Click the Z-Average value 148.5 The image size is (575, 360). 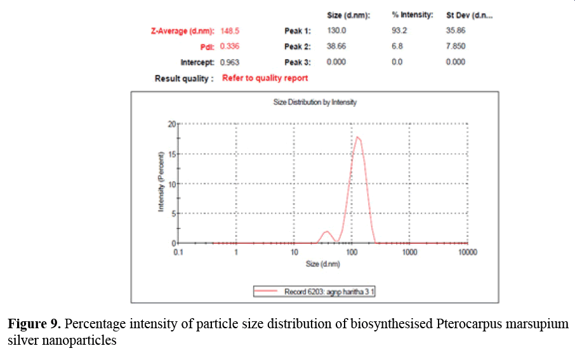tap(230, 30)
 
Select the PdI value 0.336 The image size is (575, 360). tap(229, 46)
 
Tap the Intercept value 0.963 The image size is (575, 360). tap(229, 62)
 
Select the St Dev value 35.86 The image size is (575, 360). tap(456, 30)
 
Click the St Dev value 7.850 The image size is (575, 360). tap(456, 46)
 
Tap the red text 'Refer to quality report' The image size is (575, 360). tap(265, 78)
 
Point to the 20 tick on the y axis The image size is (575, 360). tap(171, 124)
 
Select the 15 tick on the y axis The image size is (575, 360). tap(171, 154)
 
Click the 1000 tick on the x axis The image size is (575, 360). tap(410, 252)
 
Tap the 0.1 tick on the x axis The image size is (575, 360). tap(178, 252)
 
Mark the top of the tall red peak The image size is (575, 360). tap(358, 137)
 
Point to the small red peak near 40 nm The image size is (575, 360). tap(326, 232)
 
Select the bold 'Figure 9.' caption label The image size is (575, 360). tap(34, 324)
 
